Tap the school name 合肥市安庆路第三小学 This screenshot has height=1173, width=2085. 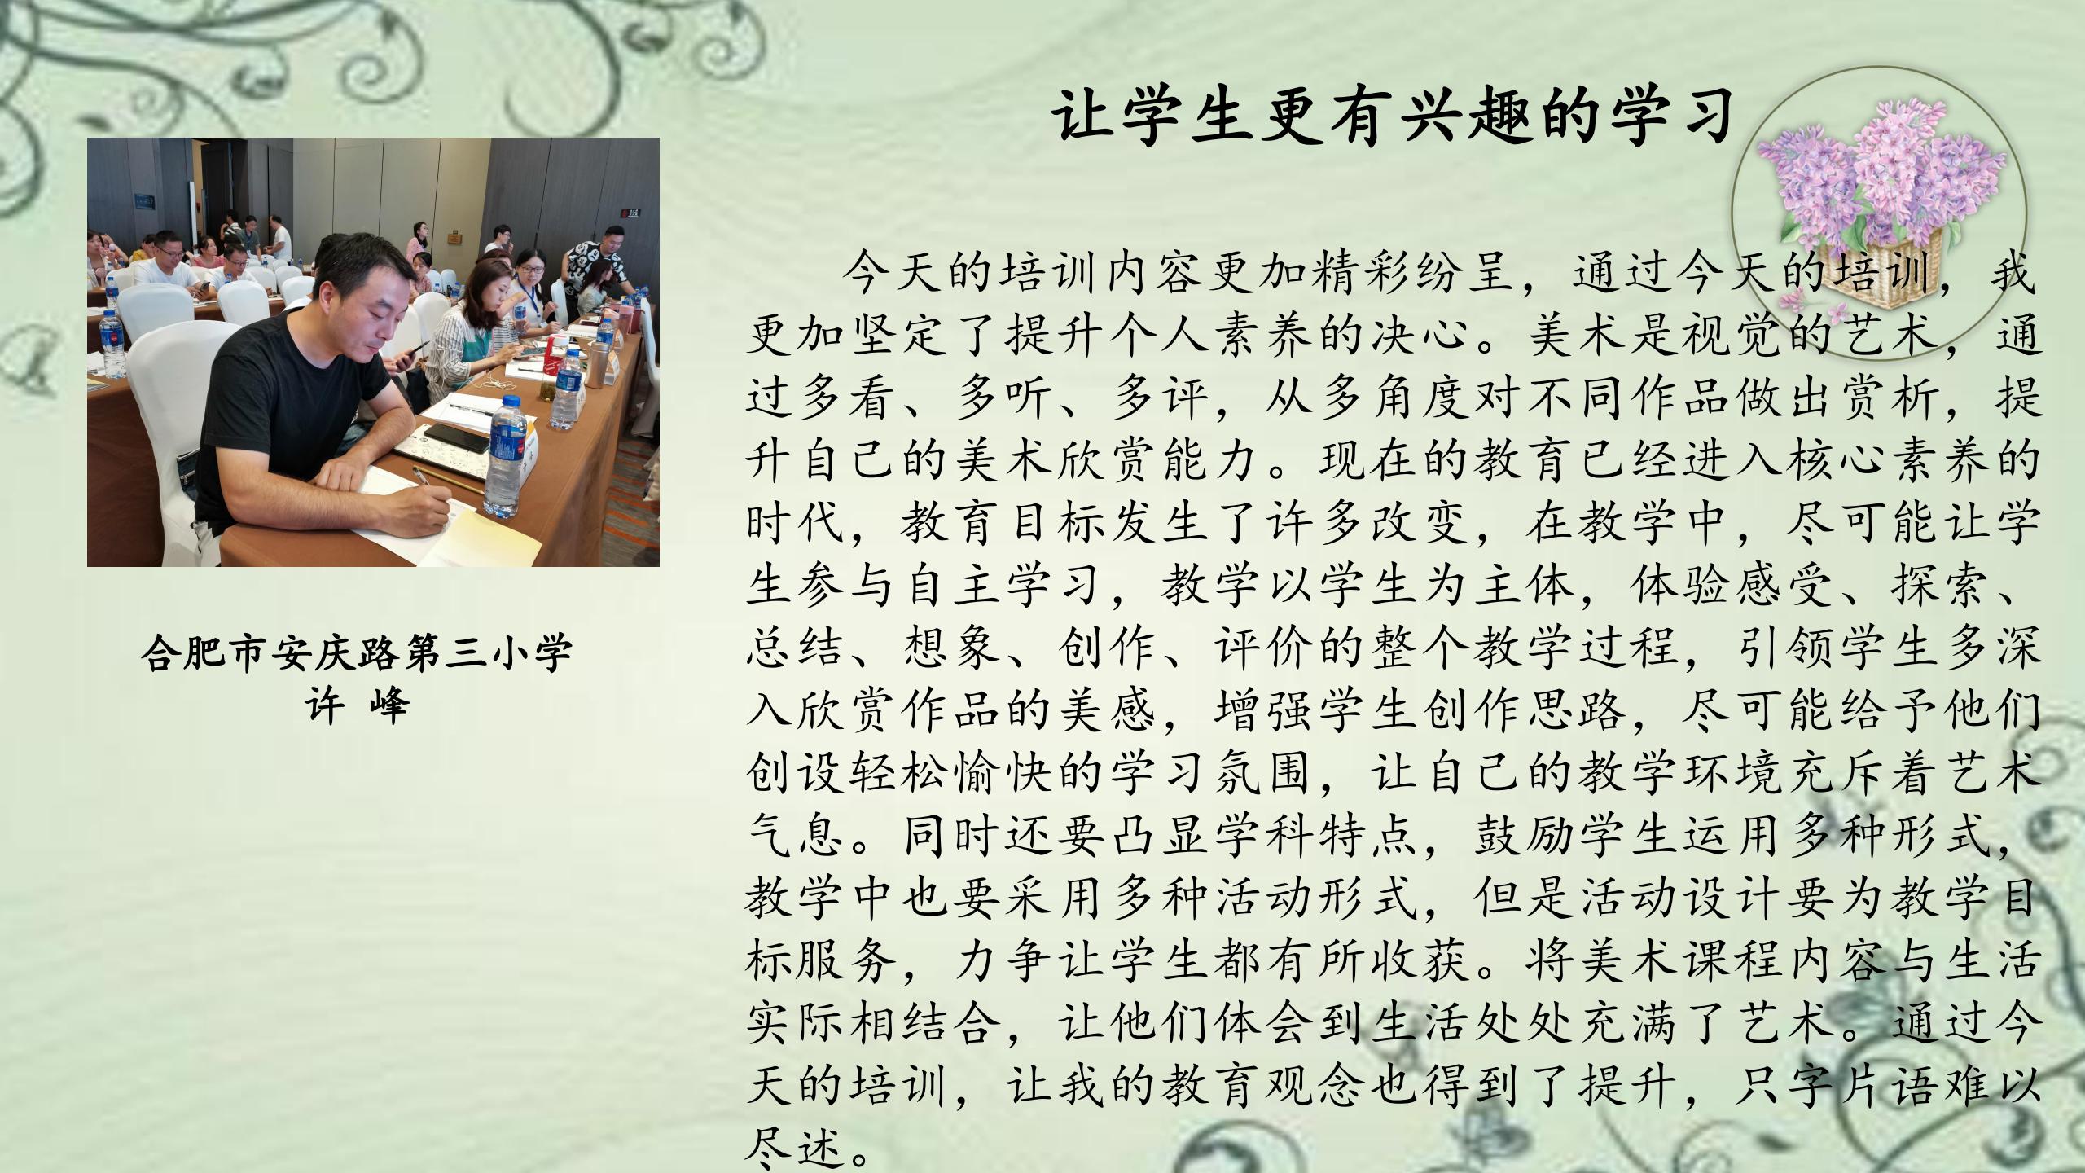(357, 652)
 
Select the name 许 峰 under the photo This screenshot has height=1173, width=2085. (357, 705)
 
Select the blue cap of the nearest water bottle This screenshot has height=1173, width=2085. (511, 402)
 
